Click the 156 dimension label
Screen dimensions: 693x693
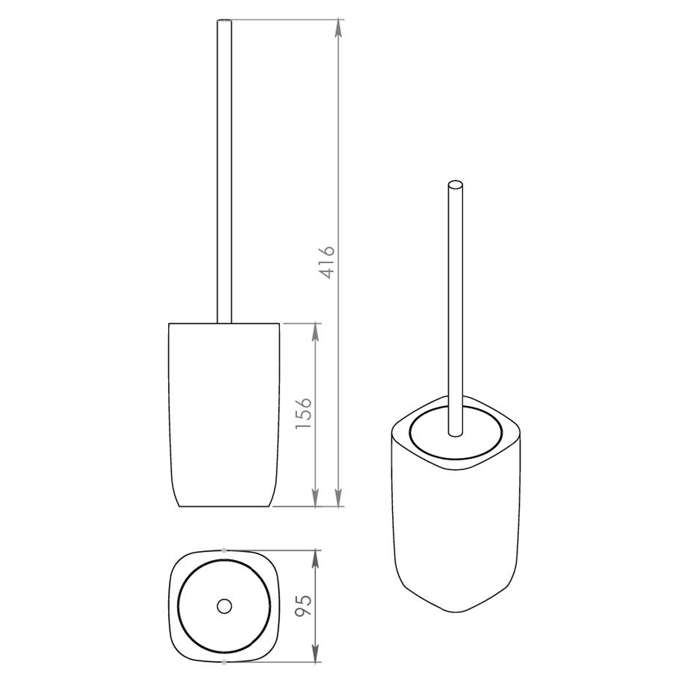click(x=304, y=413)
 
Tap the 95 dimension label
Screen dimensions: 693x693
click(x=304, y=605)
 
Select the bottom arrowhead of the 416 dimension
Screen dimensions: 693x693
click(x=339, y=498)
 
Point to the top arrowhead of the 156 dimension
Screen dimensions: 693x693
click(x=316, y=332)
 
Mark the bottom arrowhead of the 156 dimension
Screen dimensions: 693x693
click(x=316, y=498)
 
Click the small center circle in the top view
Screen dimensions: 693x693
click(x=224, y=606)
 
